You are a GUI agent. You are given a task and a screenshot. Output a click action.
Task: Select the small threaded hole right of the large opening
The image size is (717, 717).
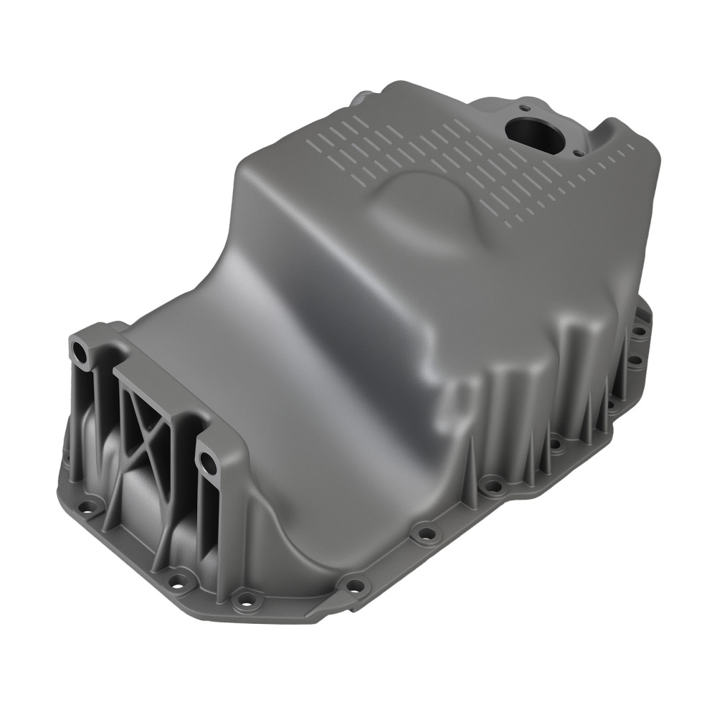pos(579,151)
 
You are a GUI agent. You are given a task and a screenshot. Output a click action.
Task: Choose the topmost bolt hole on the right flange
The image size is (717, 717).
pos(635,332)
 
